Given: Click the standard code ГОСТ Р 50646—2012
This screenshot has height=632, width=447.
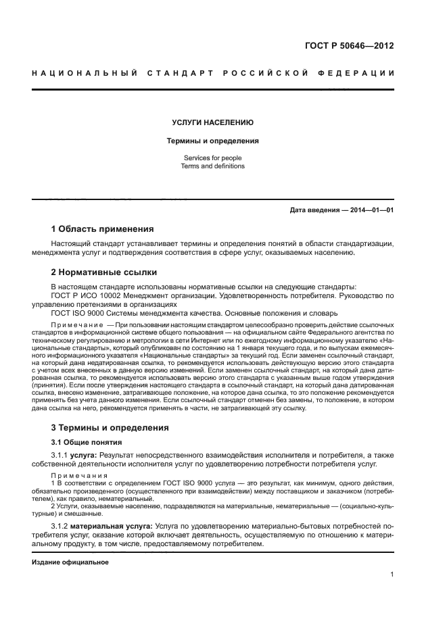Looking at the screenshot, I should [x=349, y=46].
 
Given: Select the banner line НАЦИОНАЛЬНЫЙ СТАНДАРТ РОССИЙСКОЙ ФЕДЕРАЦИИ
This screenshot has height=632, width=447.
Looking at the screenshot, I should [x=213, y=73].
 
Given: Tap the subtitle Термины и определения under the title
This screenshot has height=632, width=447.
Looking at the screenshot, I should [x=213, y=141].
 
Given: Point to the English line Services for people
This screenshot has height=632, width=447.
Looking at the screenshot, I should [x=213, y=157].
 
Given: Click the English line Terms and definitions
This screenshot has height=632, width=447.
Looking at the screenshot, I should [x=213, y=166].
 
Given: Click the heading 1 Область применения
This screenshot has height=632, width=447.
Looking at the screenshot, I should [x=102, y=229].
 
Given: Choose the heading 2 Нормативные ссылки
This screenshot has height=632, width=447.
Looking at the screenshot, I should [x=104, y=272].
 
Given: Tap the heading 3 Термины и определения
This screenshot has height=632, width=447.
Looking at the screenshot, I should [x=110, y=428].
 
